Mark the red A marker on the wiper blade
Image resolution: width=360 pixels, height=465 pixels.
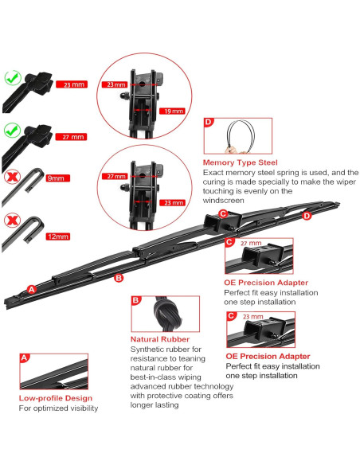32,289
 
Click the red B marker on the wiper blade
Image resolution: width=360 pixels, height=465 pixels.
119,278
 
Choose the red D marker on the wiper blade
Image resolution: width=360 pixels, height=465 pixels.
307,216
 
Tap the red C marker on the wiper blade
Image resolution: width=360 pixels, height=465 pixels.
223,213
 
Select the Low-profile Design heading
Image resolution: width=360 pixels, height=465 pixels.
56,397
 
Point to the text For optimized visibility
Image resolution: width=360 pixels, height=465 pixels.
59,408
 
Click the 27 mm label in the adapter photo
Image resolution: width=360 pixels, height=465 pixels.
250,243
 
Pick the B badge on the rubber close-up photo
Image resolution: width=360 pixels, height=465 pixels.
136,301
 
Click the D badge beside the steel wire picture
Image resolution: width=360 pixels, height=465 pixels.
209,123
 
